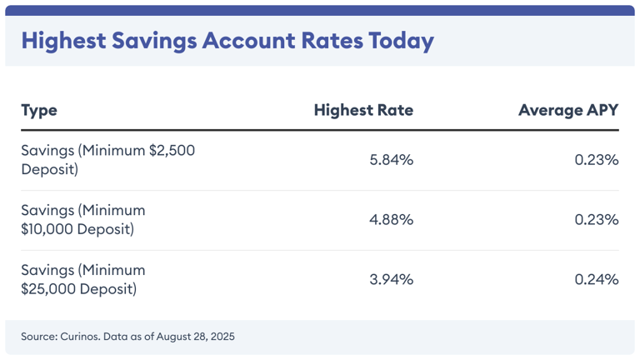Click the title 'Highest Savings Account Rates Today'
pyautogui.click(x=227, y=42)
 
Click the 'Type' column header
pyautogui.click(x=39, y=111)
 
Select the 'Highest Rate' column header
pyautogui.click(x=363, y=111)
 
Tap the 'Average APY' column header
pyautogui.click(x=568, y=111)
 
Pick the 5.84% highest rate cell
pyautogui.click(x=391, y=160)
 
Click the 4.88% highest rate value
pyautogui.click(x=391, y=220)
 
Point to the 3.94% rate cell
pyautogui.click(x=391, y=280)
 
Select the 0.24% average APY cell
pyautogui.click(x=596, y=280)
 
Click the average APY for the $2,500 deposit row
pyautogui.click(x=596, y=160)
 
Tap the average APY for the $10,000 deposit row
pyautogui.click(x=596, y=220)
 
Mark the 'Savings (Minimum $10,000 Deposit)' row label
pyautogui.click(x=83, y=220)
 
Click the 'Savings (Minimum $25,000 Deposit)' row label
pyautogui.click(x=83, y=280)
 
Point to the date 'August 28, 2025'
pyautogui.click(x=194, y=337)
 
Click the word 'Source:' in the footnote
pyautogui.click(x=39, y=337)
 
